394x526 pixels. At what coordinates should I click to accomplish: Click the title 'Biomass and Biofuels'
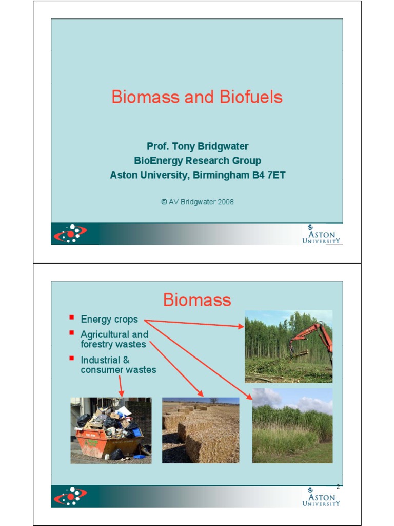click(x=197, y=97)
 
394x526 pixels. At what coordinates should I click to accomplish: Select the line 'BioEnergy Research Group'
click(x=198, y=161)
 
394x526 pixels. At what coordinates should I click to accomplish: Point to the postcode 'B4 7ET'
click(x=268, y=175)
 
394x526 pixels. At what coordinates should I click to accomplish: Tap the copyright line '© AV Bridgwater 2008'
click(x=198, y=202)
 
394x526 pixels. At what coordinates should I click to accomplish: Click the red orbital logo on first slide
click(x=70, y=234)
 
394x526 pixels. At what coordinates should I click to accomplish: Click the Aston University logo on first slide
click(x=321, y=235)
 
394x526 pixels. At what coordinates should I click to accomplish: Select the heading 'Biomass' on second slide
click(x=197, y=299)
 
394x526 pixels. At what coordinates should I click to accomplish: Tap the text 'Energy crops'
click(x=109, y=319)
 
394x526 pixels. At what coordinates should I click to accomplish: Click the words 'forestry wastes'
click(x=113, y=344)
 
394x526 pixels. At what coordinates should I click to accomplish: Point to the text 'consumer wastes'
click(x=119, y=369)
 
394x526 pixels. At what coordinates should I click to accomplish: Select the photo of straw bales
click(x=201, y=430)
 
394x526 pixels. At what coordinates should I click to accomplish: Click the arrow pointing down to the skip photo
click(x=121, y=386)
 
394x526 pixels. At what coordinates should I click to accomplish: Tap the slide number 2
click(x=338, y=486)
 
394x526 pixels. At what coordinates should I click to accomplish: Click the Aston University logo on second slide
click(x=321, y=498)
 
